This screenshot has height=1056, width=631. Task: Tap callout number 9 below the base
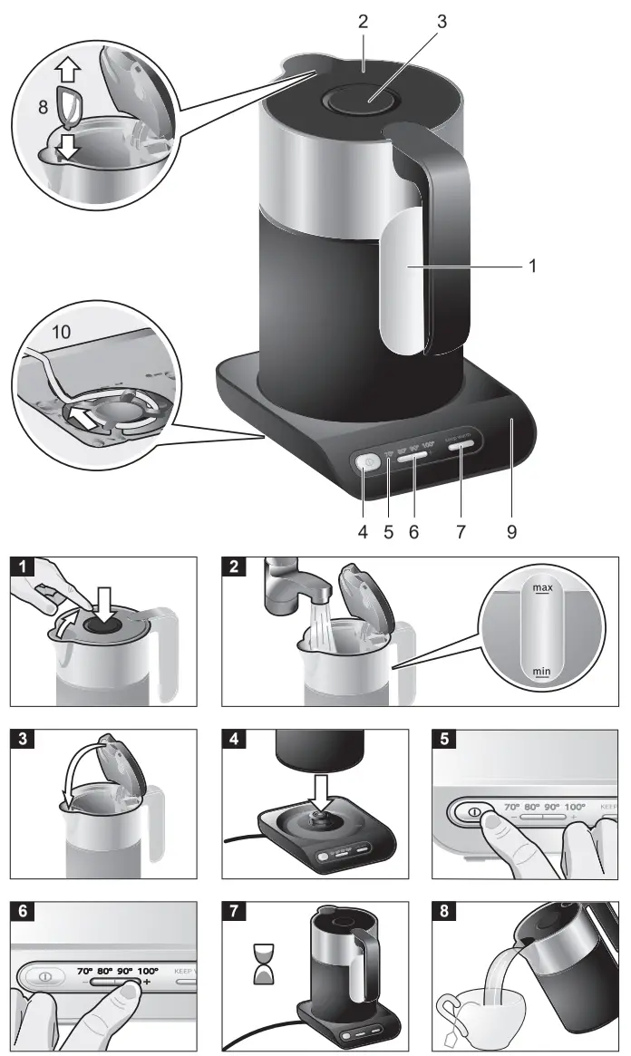click(x=511, y=532)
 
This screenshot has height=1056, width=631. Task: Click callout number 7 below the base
click(x=461, y=532)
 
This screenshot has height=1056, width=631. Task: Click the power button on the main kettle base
click(x=365, y=462)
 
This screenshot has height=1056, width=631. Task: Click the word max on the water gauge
click(x=542, y=588)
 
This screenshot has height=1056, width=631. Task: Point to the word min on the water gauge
click(x=542, y=672)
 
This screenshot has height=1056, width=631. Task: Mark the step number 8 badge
click(x=445, y=909)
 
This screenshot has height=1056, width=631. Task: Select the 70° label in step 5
click(x=512, y=806)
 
